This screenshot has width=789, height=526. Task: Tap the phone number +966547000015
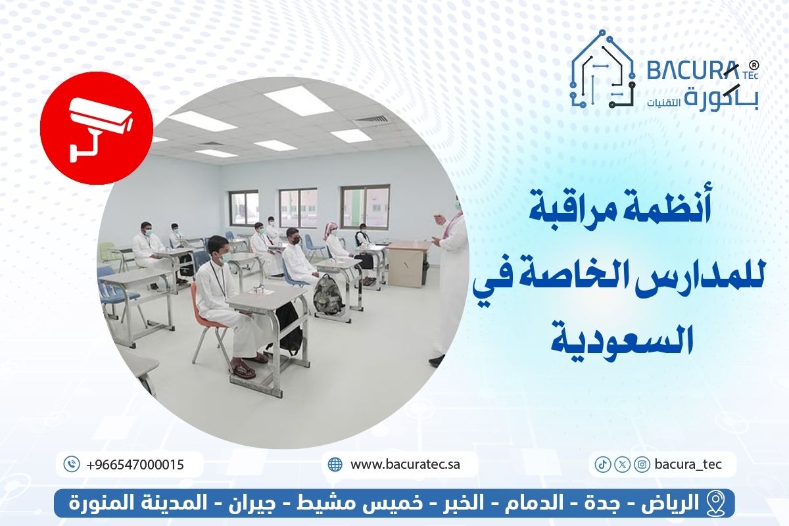point(135,464)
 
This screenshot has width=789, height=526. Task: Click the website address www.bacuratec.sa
point(405,464)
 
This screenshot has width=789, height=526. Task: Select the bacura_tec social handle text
point(688,464)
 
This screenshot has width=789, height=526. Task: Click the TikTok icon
point(601,464)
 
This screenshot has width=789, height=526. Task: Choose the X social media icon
point(621,464)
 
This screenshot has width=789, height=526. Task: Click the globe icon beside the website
point(335,464)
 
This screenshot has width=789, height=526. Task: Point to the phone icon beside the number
point(72,464)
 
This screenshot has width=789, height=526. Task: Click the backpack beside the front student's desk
point(327,294)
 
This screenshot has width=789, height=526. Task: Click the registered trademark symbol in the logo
point(755,65)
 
